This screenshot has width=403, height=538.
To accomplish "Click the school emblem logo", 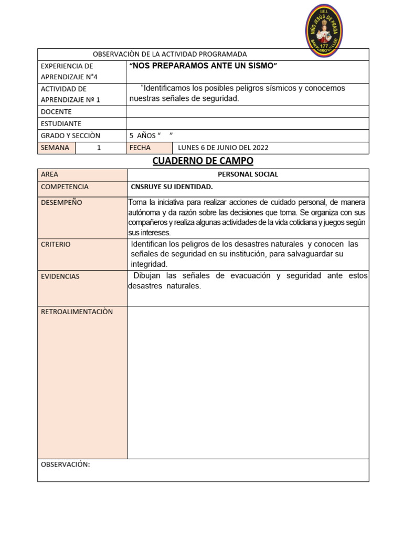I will pyautogui.click(x=324, y=30).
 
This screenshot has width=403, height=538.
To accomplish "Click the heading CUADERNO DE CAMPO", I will pyautogui.click(x=203, y=161).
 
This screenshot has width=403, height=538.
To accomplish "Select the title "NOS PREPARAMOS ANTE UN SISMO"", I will pyautogui.click(x=203, y=66).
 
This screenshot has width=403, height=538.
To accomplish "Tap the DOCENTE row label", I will pyautogui.click(x=56, y=112).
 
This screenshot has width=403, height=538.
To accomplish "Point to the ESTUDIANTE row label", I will pyautogui.click(x=61, y=124).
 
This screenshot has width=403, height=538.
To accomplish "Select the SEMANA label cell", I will pyautogui.click(x=55, y=148).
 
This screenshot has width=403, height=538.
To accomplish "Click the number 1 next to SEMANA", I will pyautogui.click(x=99, y=148).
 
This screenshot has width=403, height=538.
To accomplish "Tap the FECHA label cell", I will pyautogui.click(x=140, y=148).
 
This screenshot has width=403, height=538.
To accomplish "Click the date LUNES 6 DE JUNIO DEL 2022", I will pyautogui.click(x=223, y=148).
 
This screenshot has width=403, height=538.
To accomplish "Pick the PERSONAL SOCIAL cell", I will pyautogui.click(x=248, y=174).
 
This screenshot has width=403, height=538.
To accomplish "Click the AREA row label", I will pyautogui.click(x=50, y=174).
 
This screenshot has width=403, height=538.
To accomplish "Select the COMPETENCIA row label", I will pyautogui.click(x=65, y=187).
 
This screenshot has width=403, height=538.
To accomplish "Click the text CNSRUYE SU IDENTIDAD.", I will pyautogui.click(x=172, y=187).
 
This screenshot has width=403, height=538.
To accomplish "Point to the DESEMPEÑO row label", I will pyautogui.click(x=61, y=203).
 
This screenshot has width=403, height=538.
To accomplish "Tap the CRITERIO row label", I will pyautogui.click(x=56, y=245).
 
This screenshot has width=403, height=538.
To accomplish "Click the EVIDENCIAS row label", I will pyautogui.click(x=60, y=276).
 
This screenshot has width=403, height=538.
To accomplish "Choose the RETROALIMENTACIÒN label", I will pyautogui.click(x=77, y=312).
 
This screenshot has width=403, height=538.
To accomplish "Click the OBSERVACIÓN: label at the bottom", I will pyautogui.click(x=66, y=464).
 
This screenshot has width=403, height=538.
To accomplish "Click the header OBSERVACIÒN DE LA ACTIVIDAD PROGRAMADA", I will pyautogui.click(x=169, y=54).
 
